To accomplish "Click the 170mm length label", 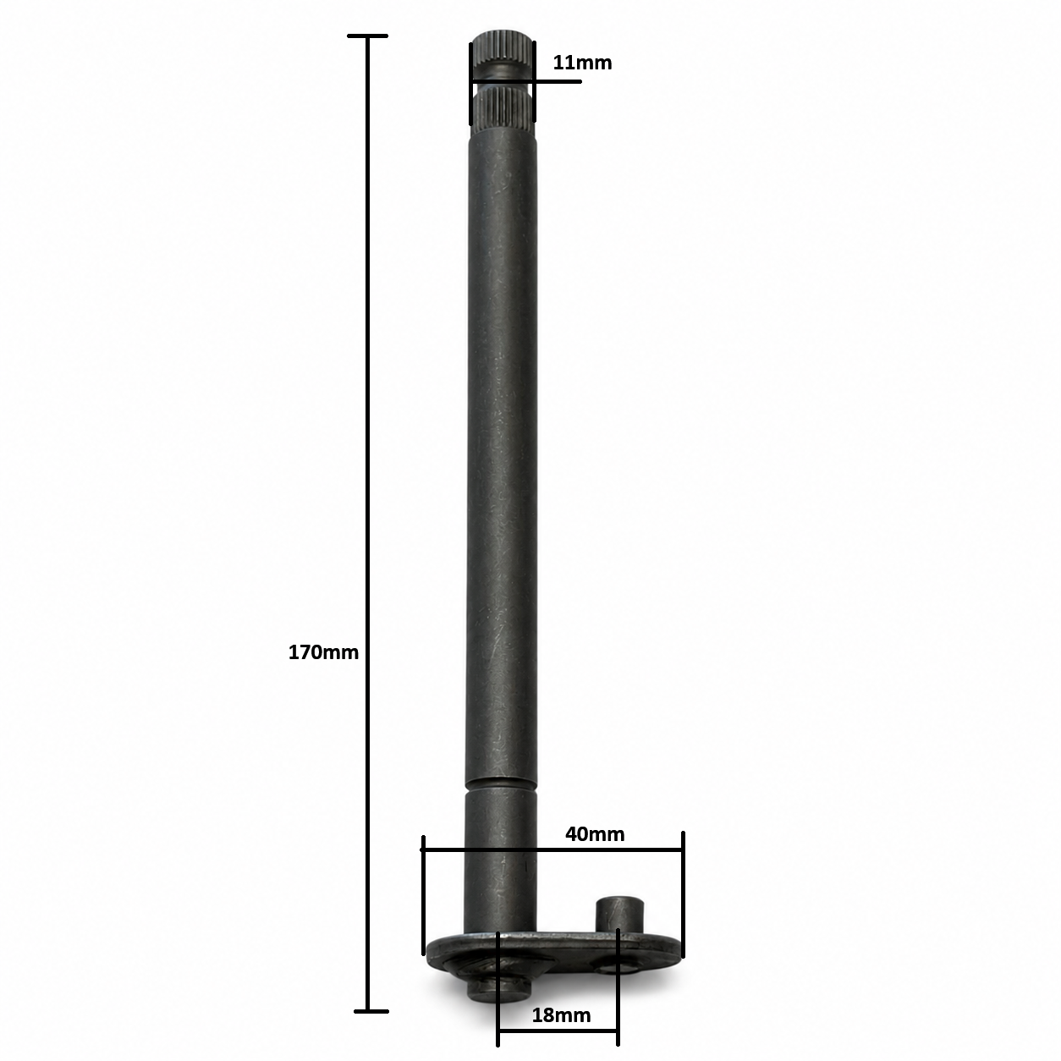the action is [323, 652].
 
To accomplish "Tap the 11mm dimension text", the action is [582, 63].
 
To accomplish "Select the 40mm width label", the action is [595, 834].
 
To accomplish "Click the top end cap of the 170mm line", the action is [367, 36].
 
